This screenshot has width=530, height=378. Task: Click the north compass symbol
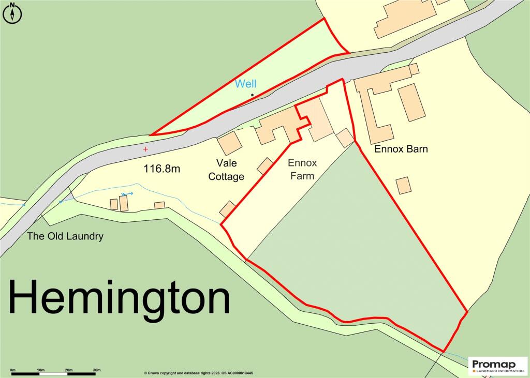12,13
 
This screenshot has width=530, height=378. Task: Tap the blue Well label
245,84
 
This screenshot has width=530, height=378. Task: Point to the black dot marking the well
252,95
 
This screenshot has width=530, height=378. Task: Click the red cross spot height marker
145,149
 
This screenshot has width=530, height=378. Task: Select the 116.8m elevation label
162,169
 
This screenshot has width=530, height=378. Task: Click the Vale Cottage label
226,170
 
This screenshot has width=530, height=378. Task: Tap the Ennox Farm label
302,169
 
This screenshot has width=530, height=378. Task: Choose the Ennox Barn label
401,149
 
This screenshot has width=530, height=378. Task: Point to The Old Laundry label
65,236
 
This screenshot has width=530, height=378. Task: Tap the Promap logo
497,366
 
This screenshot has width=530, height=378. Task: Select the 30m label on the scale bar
96,370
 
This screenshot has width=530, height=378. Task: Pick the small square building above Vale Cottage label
229,142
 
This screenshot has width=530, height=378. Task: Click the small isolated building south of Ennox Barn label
404,185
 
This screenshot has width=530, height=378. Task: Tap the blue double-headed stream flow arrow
127,194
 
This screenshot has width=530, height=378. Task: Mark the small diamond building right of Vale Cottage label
266,165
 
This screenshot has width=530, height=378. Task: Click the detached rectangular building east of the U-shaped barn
412,102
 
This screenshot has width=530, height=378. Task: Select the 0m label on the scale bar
13,370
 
